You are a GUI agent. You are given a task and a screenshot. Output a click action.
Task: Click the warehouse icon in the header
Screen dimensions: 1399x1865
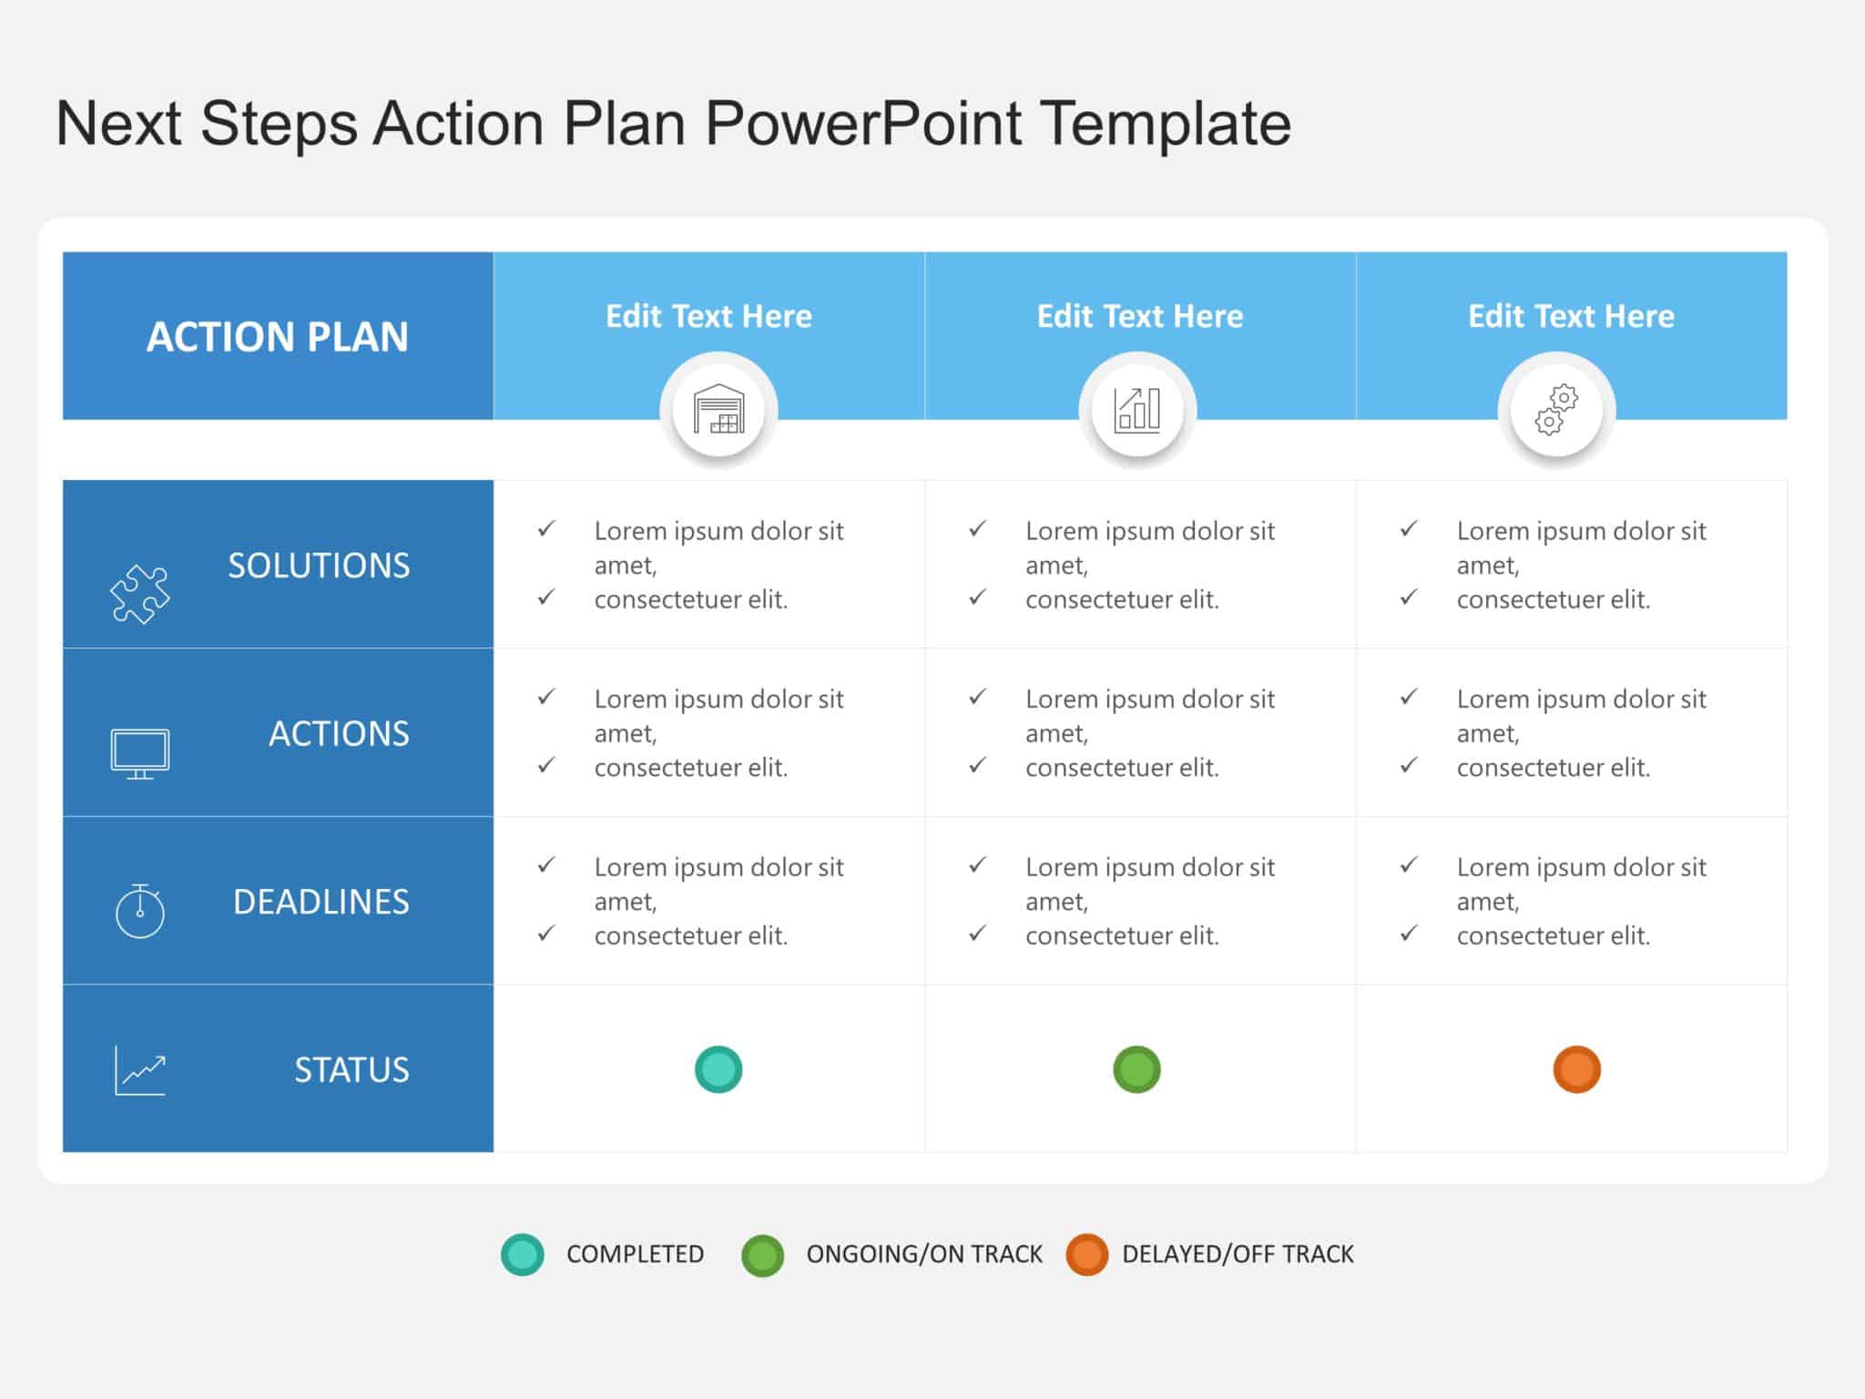coord(718,410)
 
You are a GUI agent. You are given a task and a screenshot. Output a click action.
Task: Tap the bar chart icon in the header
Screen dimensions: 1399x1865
coord(1137,410)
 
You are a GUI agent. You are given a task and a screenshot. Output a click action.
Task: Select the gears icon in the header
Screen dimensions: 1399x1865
coord(1556,410)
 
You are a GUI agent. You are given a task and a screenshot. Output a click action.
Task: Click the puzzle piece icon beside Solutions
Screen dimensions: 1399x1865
coord(139,594)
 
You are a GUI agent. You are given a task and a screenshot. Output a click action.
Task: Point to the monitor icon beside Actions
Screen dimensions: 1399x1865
coord(139,753)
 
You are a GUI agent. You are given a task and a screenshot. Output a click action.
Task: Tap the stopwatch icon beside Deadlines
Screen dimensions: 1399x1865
coord(139,910)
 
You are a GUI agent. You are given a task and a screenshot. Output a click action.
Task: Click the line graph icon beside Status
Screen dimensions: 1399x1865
coord(139,1070)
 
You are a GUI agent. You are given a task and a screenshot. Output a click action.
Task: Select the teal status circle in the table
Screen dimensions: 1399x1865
coord(718,1069)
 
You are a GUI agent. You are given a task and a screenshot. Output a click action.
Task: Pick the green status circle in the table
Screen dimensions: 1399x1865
coord(1136,1069)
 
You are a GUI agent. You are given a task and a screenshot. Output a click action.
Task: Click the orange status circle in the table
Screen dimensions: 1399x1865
coord(1576,1069)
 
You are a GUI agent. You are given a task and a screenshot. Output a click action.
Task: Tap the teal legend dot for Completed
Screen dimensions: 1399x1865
coord(523,1254)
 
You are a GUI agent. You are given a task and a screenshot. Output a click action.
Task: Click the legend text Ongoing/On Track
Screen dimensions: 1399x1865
coord(923,1254)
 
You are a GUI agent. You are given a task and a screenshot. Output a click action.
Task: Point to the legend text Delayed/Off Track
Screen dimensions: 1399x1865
coord(1238,1254)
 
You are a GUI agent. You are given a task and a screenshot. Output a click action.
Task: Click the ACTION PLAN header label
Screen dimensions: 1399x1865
coord(278,337)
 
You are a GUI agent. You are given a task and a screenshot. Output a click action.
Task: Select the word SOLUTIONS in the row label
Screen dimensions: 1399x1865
coord(319,566)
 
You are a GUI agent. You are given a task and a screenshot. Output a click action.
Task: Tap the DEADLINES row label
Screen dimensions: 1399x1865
coord(321,902)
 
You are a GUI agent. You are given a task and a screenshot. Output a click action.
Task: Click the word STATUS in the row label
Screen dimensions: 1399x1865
coord(352,1070)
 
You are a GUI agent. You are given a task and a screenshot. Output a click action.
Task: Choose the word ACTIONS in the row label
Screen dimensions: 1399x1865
coord(339,734)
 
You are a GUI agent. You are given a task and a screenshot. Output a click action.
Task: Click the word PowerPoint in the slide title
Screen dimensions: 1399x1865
coord(863,123)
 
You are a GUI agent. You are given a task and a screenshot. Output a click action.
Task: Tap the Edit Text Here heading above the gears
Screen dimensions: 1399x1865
coord(1571,316)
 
